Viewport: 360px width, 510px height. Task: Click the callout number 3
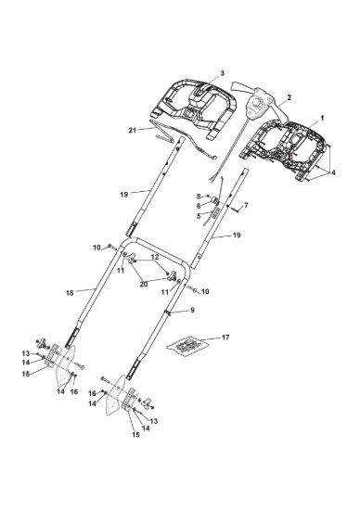pos(222,73)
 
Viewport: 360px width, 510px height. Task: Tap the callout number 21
pos(132,130)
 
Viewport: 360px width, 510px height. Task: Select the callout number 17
pos(225,338)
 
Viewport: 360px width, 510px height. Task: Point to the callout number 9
pos(192,310)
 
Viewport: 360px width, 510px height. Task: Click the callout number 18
pos(70,293)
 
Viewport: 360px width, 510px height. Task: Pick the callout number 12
pos(155,257)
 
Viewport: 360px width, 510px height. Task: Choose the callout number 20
pos(144,285)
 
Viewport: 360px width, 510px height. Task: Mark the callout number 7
pos(246,205)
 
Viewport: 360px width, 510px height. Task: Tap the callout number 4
pos(333,172)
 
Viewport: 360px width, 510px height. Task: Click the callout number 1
pos(322,119)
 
